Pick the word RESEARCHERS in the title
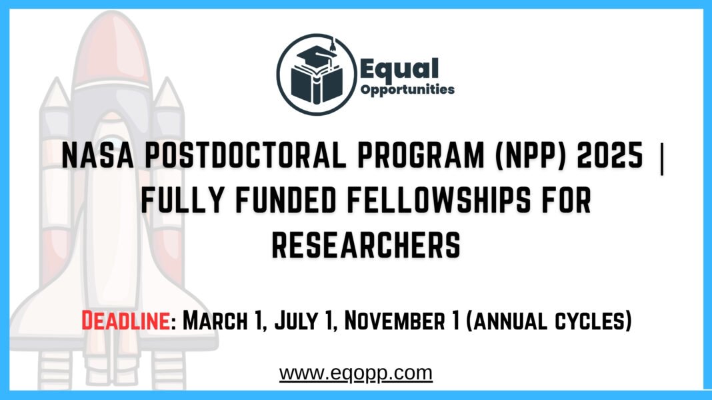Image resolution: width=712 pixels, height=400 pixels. coord(366,245)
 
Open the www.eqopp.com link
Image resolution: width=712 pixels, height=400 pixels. coord(356,373)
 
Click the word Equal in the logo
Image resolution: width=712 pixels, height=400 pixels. coord(399,69)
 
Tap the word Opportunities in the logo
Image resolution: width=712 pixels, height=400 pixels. coord(407,89)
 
